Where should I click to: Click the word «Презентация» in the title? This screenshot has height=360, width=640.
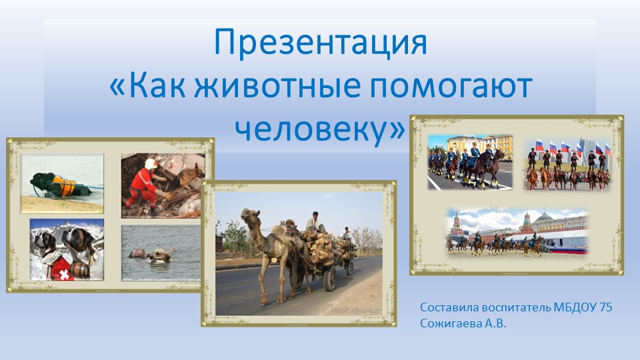click(x=320, y=43)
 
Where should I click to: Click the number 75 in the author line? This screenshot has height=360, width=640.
click(x=605, y=307)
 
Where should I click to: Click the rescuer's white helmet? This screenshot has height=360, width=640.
click(x=151, y=163)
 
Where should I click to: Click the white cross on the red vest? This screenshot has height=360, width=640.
click(x=61, y=274)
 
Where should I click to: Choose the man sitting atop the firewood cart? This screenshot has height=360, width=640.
click(x=313, y=222)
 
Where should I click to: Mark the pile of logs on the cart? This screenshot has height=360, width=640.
click(x=323, y=243)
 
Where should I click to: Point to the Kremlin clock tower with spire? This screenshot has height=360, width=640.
click(x=457, y=223)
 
